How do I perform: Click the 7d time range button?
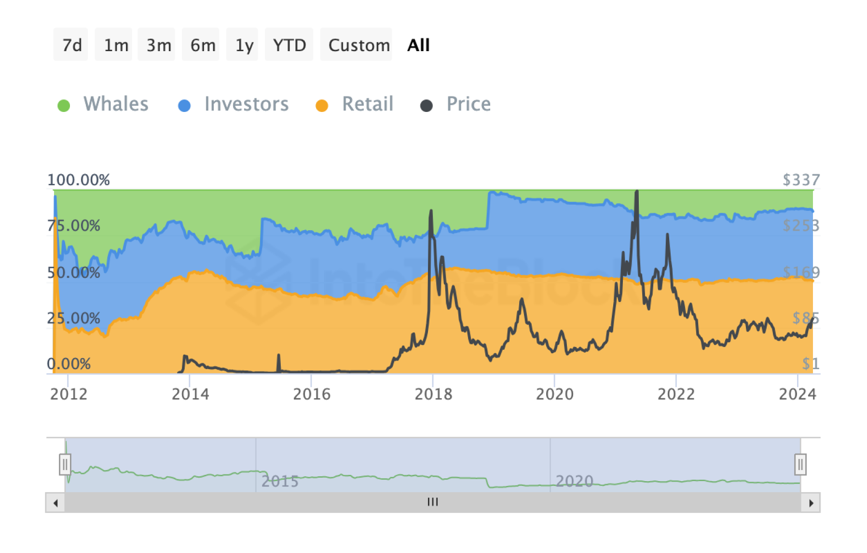[71, 45]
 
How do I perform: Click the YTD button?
[289, 45]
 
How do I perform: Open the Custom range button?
[357, 45]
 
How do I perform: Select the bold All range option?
[418, 45]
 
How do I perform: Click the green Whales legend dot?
[64, 105]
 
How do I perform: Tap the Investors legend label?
[246, 104]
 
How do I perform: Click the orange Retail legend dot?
[322, 105]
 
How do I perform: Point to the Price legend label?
[468, 104]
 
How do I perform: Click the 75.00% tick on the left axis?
[74, 225]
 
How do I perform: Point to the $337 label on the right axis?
[801, 180]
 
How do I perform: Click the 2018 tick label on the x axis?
[433, 394]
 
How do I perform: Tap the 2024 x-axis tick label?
[798, 394]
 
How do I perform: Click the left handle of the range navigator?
[65, 464]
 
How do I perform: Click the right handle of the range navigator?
[800, 464]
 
